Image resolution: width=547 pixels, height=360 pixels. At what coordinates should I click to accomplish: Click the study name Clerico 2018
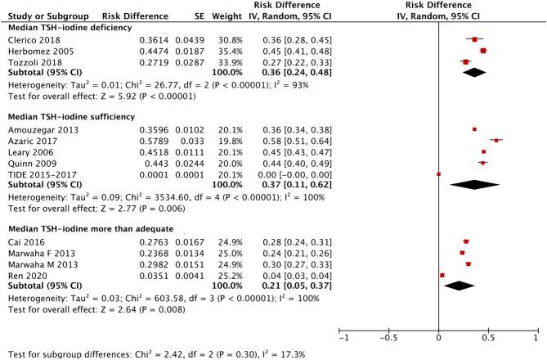click(30, 39)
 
